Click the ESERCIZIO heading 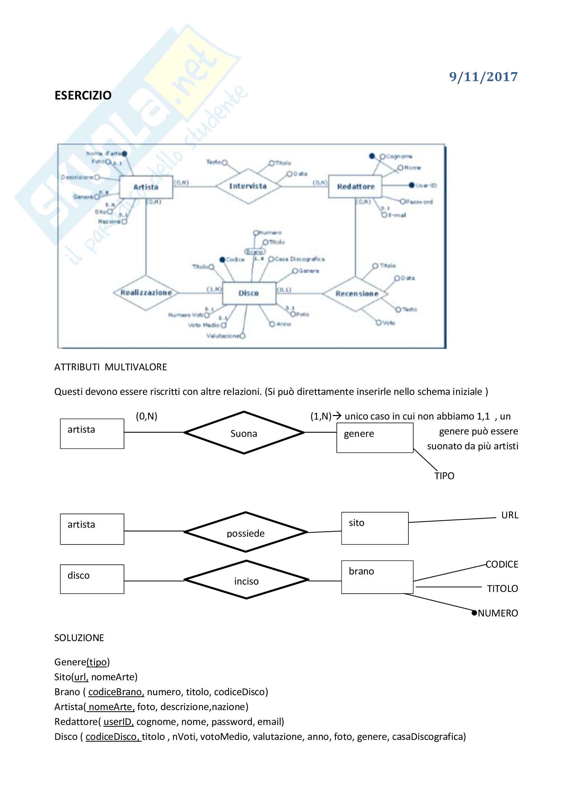(83, 95)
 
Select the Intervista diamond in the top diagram (248, 186)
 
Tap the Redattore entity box (355, 187)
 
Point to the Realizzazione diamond (146, 293)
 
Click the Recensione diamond (356, 294)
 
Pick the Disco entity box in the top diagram (249, 293)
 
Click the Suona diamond (244, 433)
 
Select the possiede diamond (246, 532)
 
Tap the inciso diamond (246, 581)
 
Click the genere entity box (374, 438)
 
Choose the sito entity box (374, 528)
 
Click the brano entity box (377, 577)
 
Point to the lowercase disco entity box (92, 579)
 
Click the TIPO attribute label (444, 476)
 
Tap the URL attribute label (510, 515)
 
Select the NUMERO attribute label (498, 613)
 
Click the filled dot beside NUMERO (475, 613)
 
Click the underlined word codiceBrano (116, 692)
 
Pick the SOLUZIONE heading (79, 638)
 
